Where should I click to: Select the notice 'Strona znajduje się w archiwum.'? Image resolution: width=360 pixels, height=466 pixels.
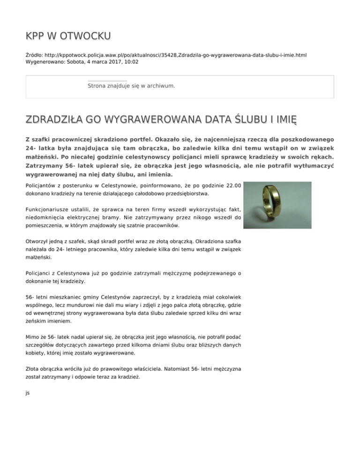point(131,86)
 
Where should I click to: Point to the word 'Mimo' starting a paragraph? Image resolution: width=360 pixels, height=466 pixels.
point(34,337)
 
